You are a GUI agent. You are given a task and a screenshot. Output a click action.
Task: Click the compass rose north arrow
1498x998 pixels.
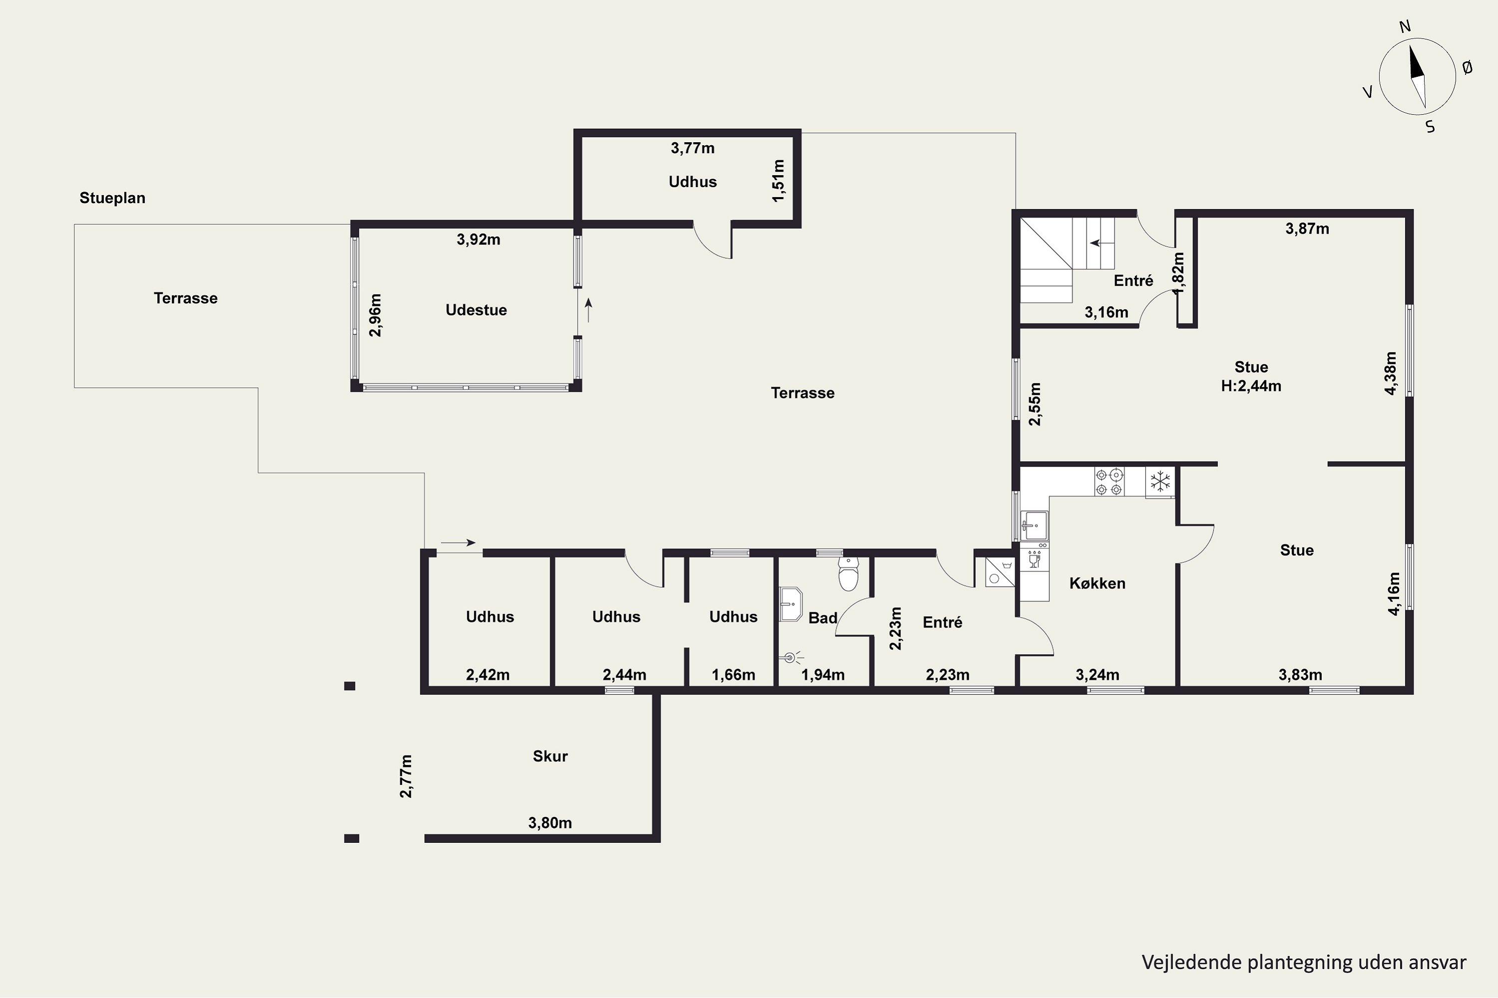pos(1417,77)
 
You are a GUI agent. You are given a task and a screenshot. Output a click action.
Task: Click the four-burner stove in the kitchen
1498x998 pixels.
pos(1110,482)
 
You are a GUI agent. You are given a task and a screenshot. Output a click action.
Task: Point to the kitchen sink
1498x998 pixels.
pos(1034,525)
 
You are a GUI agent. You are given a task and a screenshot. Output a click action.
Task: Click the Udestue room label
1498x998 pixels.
pos(476,310)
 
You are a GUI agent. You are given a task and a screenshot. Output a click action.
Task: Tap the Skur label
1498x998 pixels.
pos(550,756)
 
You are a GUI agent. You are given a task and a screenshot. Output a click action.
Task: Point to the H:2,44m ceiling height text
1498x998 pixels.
pos(1251,386)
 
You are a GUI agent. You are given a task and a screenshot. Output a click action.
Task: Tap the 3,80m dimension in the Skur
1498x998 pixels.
pos(550,823)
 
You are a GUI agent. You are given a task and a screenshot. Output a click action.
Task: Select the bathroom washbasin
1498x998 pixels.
pos(790,604)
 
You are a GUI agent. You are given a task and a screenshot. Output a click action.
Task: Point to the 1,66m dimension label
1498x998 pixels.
pos(733,675)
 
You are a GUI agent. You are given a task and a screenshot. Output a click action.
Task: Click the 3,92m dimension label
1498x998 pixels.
pos(478,240)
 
